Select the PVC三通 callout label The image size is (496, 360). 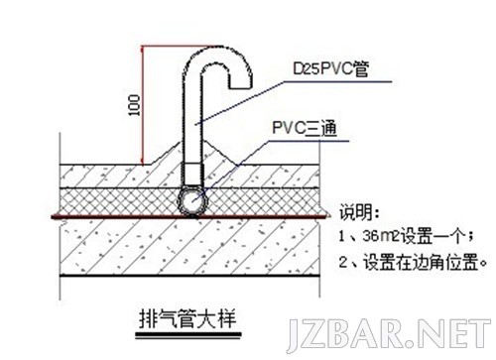[303, 128]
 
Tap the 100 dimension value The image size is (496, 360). [134, 105]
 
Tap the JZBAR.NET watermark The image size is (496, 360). [387, 335]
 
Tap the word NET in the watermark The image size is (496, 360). [450, 335]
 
